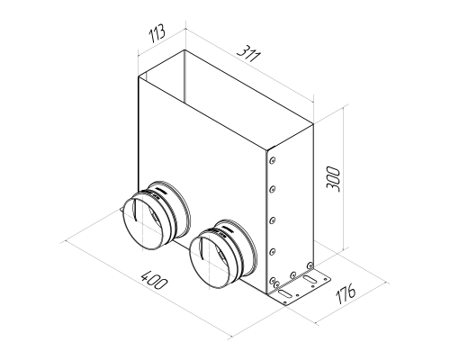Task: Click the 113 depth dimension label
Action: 157,33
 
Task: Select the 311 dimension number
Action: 248,54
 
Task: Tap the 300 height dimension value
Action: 333,179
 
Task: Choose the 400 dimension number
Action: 153,280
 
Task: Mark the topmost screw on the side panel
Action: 273,161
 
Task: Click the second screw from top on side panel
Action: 273,189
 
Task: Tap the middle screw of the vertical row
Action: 273,220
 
